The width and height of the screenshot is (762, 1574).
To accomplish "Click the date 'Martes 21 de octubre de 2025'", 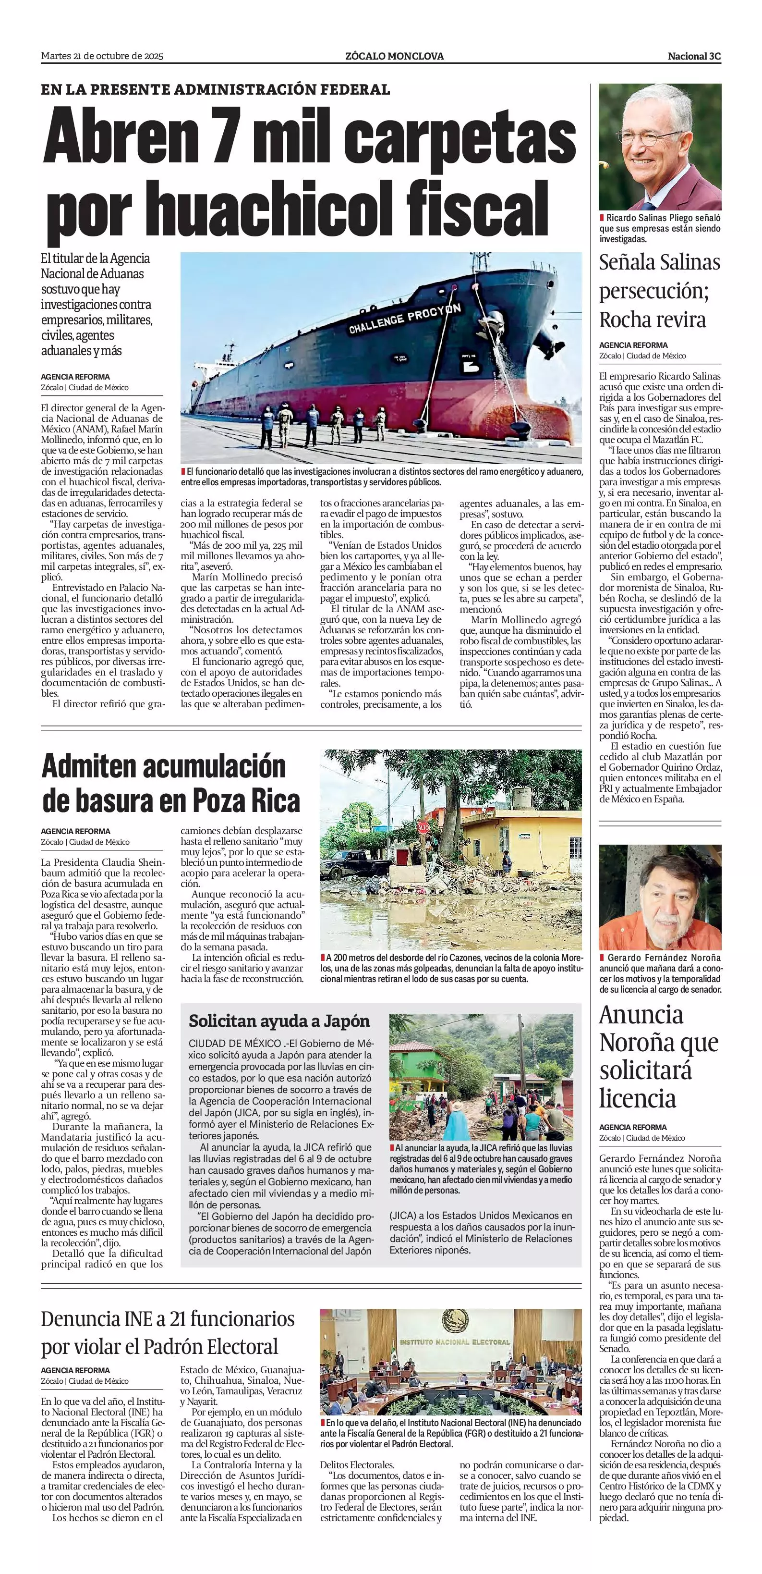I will (102, 56).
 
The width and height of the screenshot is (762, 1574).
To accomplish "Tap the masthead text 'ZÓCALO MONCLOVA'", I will (394, 56).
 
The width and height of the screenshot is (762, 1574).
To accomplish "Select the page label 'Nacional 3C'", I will (694, 56).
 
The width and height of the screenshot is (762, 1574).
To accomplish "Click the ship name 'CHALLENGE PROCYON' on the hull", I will (404, 320).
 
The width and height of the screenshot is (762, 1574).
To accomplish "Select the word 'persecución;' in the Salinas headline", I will (653, 291).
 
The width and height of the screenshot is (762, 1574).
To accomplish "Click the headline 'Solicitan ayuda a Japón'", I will (279, 1021).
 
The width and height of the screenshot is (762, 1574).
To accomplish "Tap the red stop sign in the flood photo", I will (423, 827).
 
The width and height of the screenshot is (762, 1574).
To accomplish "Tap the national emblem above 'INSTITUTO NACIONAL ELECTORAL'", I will (454, 1320).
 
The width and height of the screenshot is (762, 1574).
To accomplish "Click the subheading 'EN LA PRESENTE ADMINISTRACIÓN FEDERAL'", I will (215, 90).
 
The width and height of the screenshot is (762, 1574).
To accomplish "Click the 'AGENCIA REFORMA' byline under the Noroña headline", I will (632, 1127).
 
